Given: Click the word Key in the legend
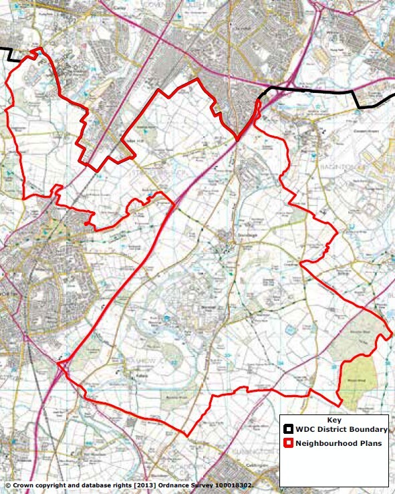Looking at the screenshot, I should click(335, 420).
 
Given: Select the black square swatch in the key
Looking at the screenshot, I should click(289, 429).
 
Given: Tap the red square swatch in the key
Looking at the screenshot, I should click(289, 443).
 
